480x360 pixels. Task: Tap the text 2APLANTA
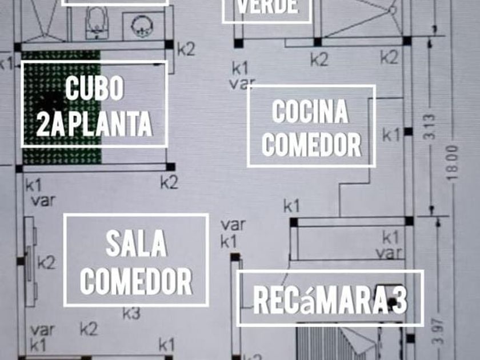pyautogui.click(x=94, y=123)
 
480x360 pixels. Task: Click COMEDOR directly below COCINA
pyautogui.click(x=311, y=145)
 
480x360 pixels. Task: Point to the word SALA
pyautogui.click(x=136, y=245)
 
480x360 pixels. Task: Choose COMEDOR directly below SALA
pyautogui.click(x=136, y=281)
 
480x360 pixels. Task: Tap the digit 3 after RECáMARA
pyautogui.click(x=399, y=301)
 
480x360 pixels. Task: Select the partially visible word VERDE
pyautogui.click(x=267, y=7)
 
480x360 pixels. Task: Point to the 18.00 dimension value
pyautogui.click(x=453, y=163)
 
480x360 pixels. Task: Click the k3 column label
pyautogui.click(x=131, y=313)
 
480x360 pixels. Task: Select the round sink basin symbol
pyautogui.click(x=140, y=26)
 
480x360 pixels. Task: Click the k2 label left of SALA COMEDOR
pyautogui.click(x=46, y=263)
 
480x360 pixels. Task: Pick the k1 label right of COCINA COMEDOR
pyautogui.click(x=391, y=135)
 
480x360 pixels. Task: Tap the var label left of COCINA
pyautogui.click(x=242, y=83)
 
